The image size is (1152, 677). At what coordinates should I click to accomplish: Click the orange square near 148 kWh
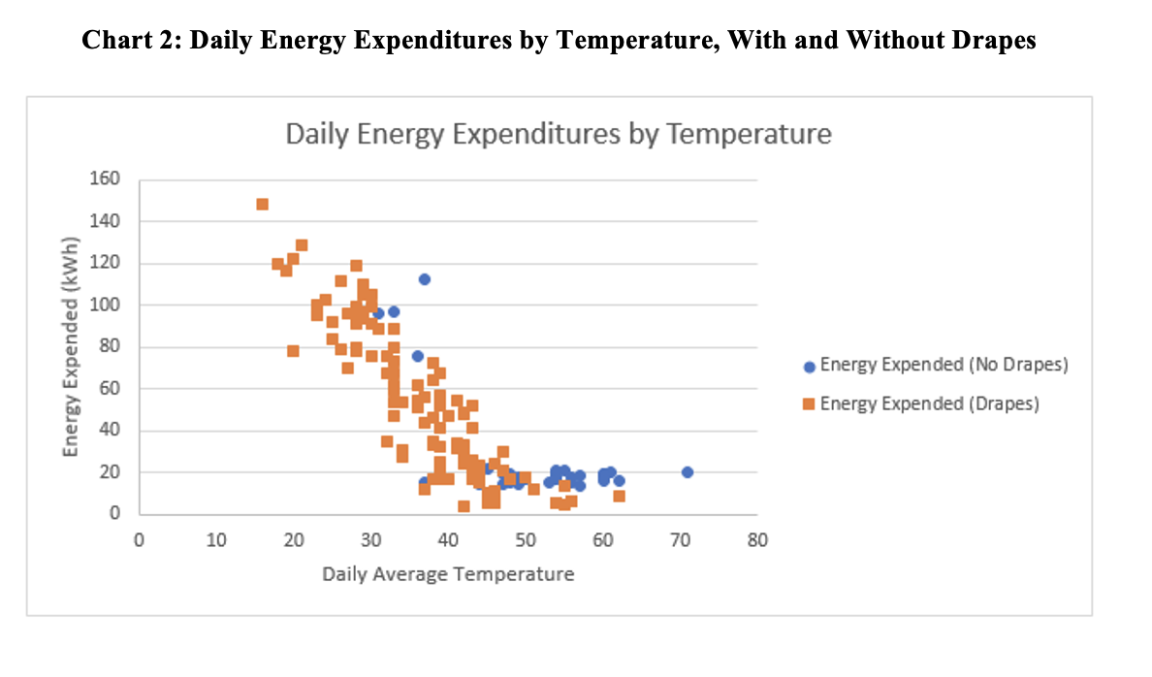pos(262,205)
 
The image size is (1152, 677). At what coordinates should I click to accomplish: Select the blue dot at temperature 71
pos(688,472)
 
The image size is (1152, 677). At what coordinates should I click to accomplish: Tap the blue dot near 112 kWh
pos(424,279)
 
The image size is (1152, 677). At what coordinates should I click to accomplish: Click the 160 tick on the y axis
pos(108,179)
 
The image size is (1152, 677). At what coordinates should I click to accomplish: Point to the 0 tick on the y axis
pos(113,514)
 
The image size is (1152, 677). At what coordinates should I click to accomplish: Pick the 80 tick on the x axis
pos(757,540)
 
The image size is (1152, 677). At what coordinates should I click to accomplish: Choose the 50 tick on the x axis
pos(525,540)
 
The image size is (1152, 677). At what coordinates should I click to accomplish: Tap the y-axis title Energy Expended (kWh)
pos(71,346)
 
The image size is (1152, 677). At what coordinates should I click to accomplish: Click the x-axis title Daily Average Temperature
pos(448,574)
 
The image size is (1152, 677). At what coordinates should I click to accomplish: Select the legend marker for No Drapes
pos(809,367)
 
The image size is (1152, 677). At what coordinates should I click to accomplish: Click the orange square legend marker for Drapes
pos(809,404)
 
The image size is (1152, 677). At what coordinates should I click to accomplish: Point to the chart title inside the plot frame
pos(558,133)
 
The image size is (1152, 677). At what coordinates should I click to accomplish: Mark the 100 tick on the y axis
pos(108,306)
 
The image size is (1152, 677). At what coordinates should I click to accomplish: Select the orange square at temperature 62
pos(619,497)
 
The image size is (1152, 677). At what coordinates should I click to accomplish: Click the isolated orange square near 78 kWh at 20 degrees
pos(293,351)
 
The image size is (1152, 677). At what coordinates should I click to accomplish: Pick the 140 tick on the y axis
pos(108,221)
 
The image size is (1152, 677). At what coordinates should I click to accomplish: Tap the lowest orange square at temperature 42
pos(464,506)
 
